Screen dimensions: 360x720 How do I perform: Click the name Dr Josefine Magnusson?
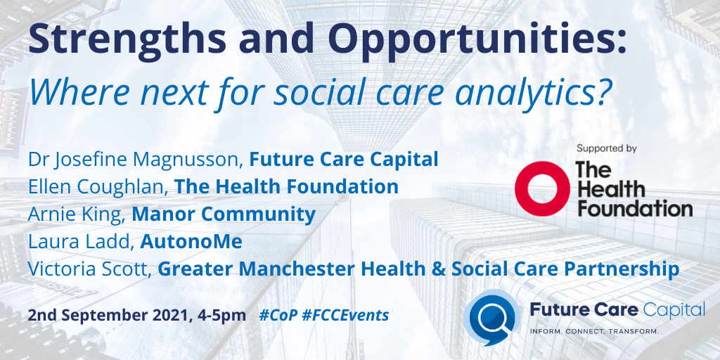click(x=134, y=160)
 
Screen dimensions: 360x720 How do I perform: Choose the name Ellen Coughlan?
click(x=96, y=187)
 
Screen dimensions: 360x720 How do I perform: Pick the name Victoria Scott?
click(x=87, y=269)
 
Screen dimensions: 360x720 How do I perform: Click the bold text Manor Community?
click(x=224, y=214)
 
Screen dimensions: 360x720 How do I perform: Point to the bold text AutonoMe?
click(x=191, y=242)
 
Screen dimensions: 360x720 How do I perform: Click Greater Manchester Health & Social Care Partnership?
click(x=418, y=269)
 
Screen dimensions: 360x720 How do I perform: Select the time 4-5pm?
click(x=224, y=315)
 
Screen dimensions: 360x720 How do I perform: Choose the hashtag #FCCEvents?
click(x=347, y=315)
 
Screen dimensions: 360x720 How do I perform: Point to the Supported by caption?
click(x=606, y=148)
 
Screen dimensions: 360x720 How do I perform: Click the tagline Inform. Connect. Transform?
click(x=593, y=330)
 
